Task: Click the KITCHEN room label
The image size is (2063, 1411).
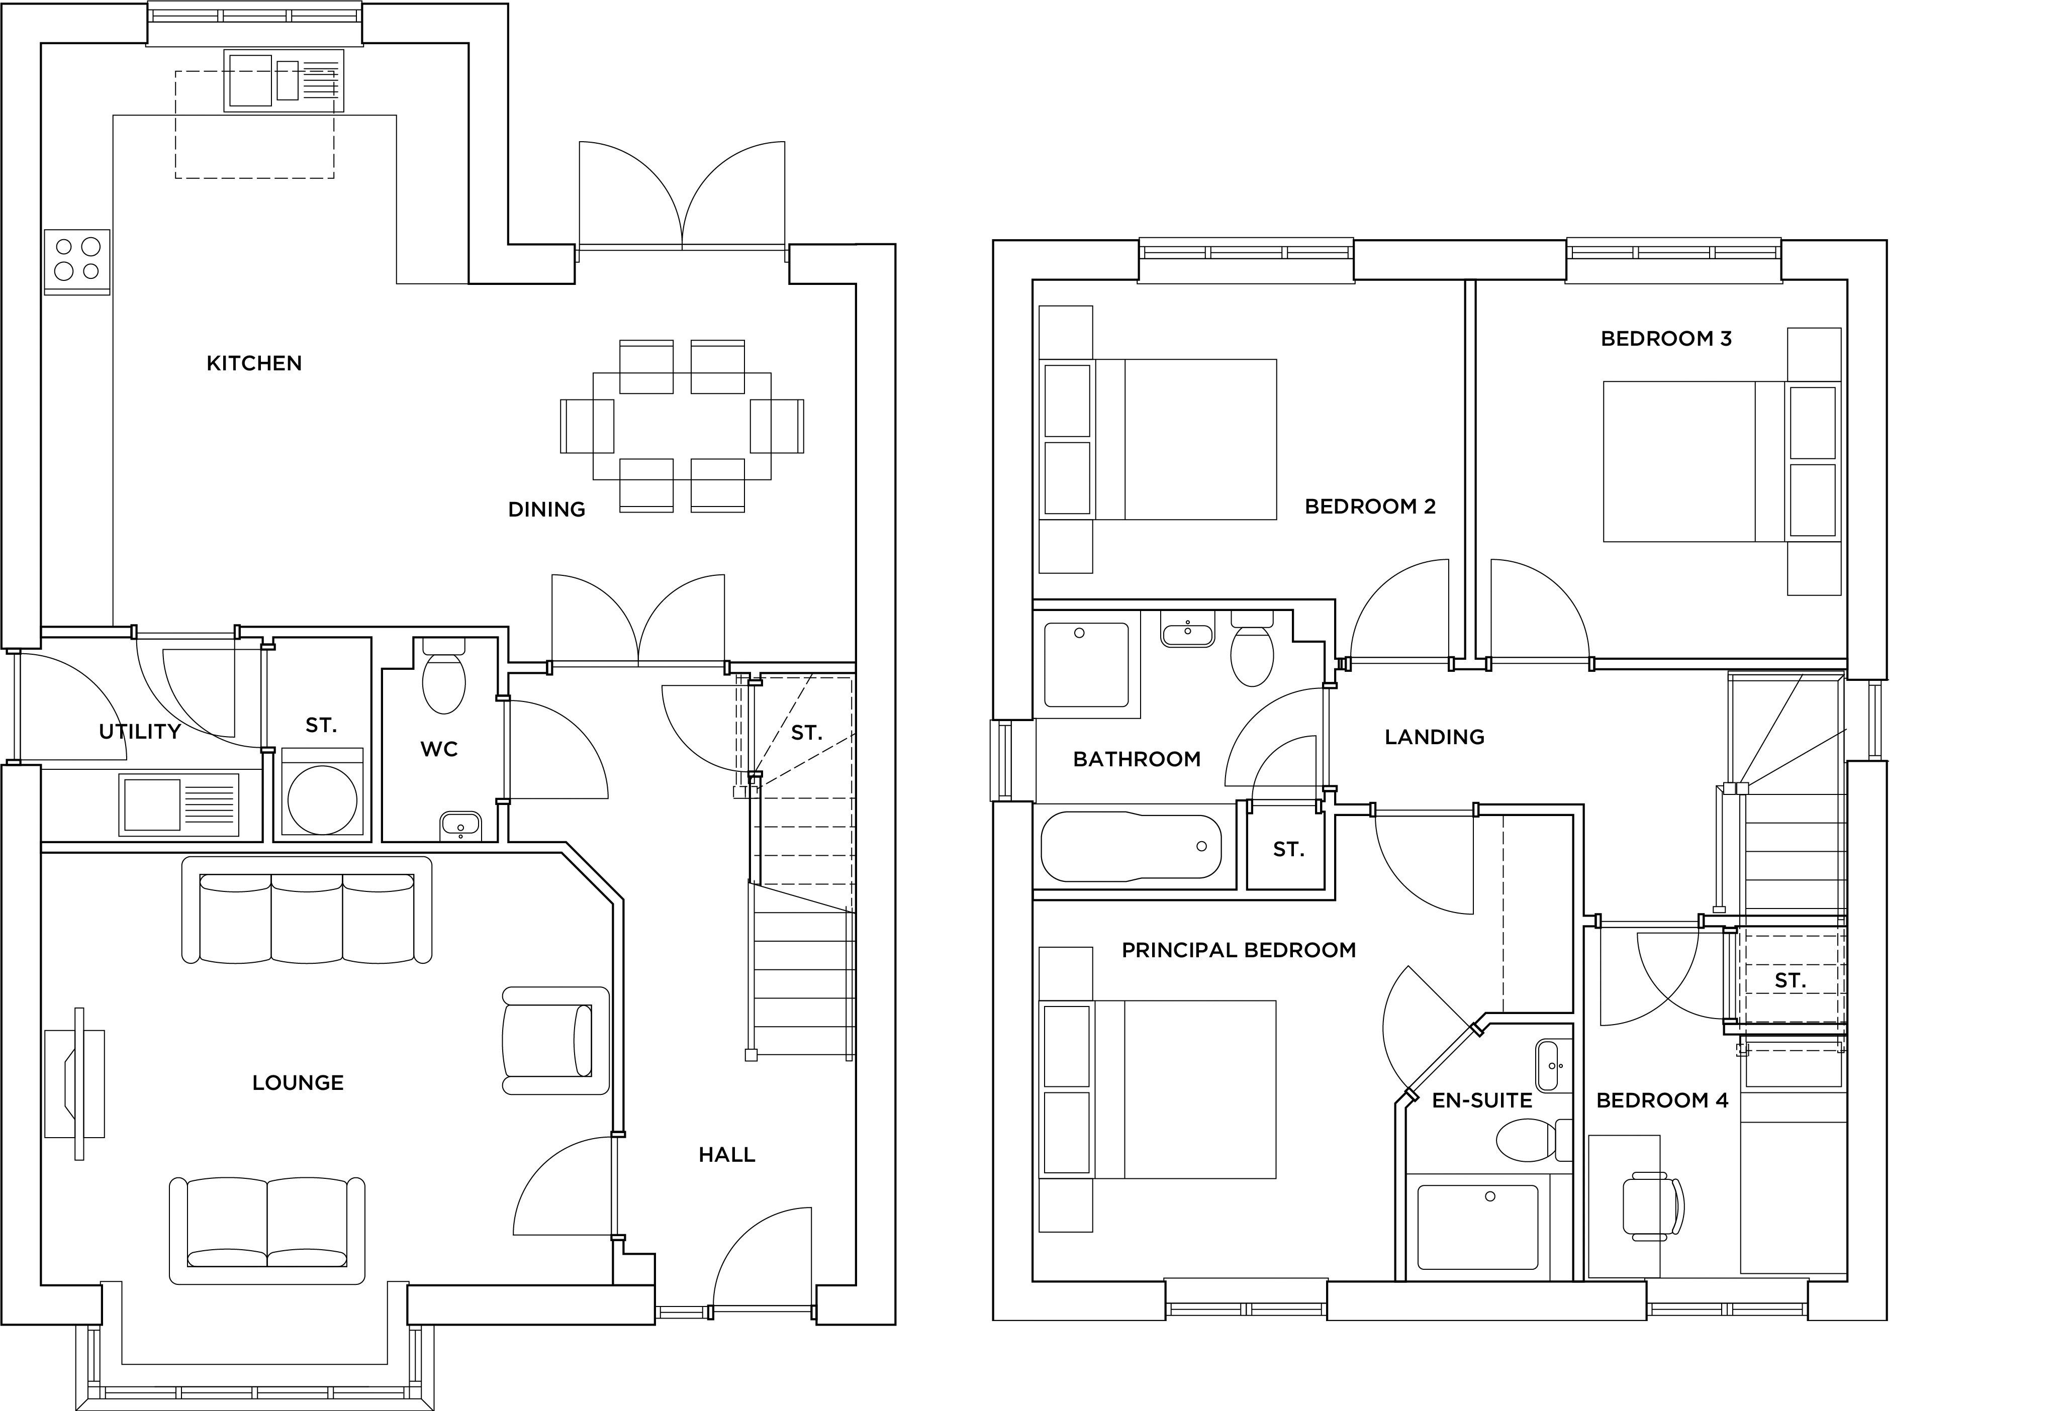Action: (x=254, y=363)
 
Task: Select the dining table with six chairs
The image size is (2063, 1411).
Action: (x=682, y=426)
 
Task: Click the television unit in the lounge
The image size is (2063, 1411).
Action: (x=77, y=1083)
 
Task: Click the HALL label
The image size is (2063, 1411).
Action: (x=726, y=1155)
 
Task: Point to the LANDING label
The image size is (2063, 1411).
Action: (x=1434, y=737)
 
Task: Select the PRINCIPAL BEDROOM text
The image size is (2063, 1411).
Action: (x=1238, y=950)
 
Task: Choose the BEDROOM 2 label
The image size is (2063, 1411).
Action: (x=1370, y=507)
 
